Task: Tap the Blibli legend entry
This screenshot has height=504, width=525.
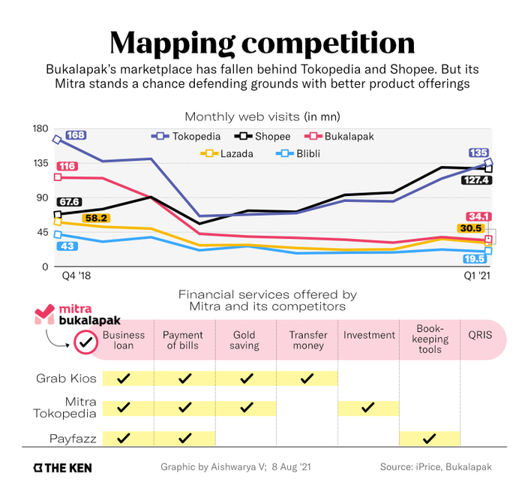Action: [x=301, y=154]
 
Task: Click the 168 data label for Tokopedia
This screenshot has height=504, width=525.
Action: [x=76, y=135]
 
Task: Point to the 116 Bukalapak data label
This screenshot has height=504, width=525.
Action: [x=67, y=166]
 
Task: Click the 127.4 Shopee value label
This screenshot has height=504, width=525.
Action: [x=477, y=180]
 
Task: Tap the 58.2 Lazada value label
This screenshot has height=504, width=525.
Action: [x=95, y=218]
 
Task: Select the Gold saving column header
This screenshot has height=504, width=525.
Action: [x=245, y=340]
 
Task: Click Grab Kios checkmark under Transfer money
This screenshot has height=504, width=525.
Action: [x=307, y=378]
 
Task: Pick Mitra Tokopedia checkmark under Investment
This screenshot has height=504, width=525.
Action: [x=367, y=408]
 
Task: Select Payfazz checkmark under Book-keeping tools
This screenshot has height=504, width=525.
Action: [x=429, y=438]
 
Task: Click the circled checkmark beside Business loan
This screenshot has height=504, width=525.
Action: [x=85, y=343]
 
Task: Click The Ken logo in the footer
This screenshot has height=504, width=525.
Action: [x=62, y=467]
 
